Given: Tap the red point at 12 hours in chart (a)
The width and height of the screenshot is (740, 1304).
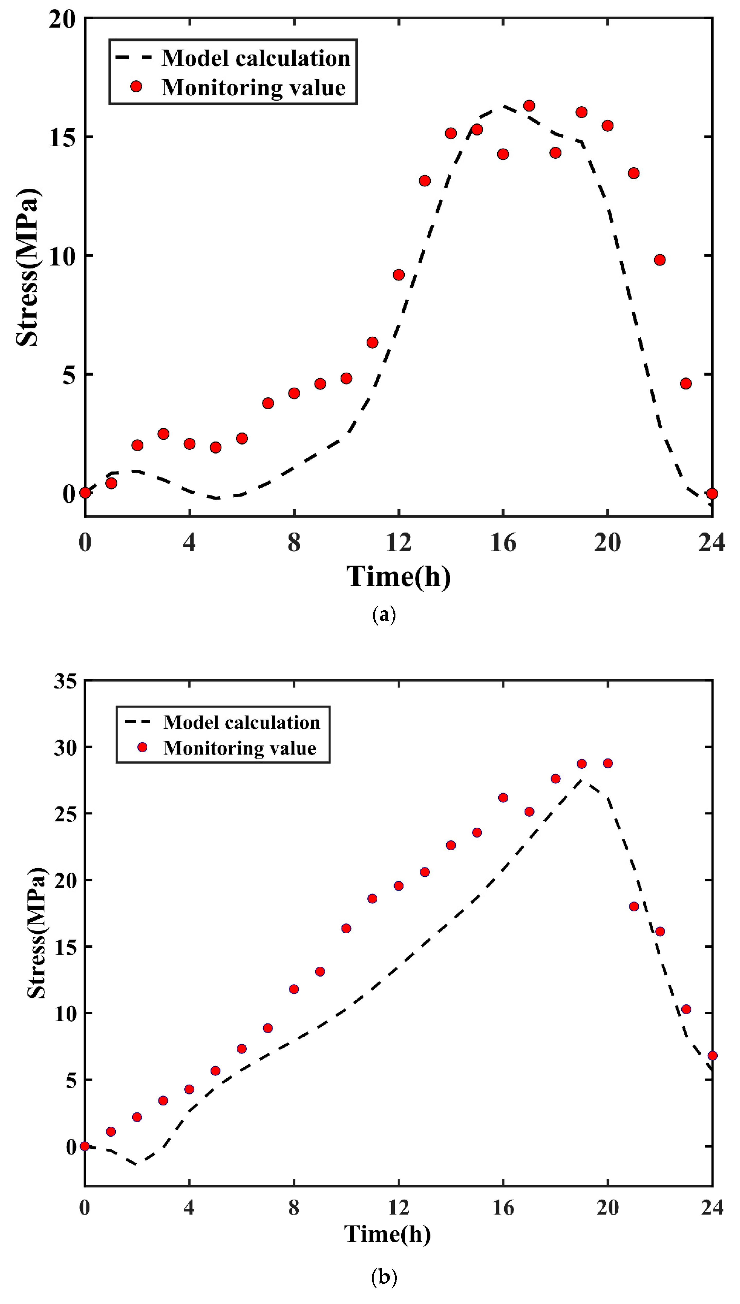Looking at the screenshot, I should [399, 275].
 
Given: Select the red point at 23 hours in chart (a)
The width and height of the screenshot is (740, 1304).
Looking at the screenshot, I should [685, 384].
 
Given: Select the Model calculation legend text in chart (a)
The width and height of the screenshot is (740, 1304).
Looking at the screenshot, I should [256, 58].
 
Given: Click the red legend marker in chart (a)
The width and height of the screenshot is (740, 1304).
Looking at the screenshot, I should [136, 87].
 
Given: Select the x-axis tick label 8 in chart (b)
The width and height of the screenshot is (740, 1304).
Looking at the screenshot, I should [294, 1207].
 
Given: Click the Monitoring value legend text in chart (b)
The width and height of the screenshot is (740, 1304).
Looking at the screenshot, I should [239, 748].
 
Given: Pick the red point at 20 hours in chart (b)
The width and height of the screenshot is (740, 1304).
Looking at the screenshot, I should [607, 763].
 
